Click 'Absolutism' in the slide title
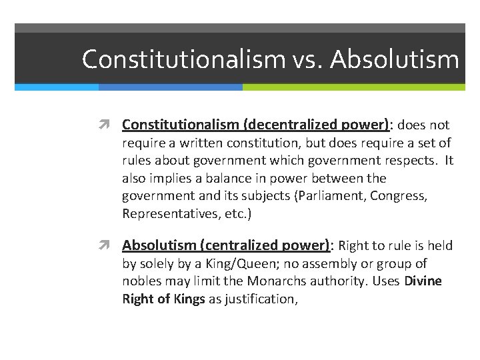pyautogui.click(x=395, y=59)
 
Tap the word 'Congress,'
pyautogui.click(x=398, y=197)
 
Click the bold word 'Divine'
pyautogui.click(x=423, y=281)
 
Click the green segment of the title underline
pyautogui.click(x=353, y=87)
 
